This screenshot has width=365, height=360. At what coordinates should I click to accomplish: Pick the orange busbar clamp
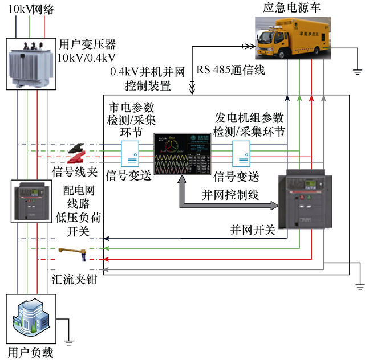75,251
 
